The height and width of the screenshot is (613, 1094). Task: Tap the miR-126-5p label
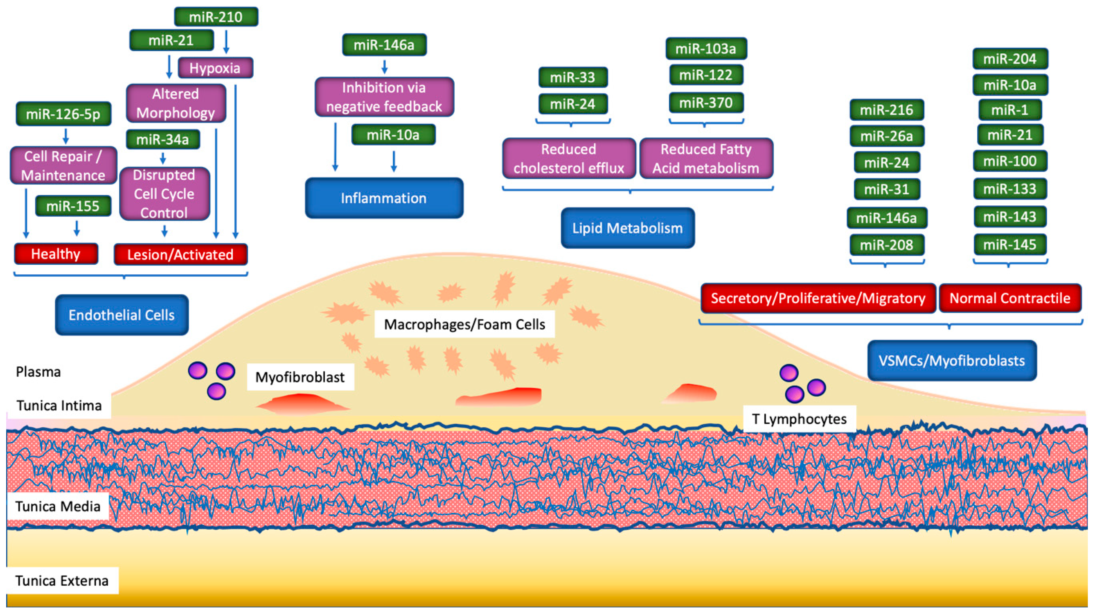[63, 114]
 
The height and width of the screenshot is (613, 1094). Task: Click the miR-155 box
[73, 206]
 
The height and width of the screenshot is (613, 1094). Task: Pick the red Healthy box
[56, 254]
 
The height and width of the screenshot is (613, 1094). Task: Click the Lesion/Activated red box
[180, 254]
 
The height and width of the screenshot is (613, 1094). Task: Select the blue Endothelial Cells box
[122, 315]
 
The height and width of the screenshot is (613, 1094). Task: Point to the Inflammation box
[384, 198]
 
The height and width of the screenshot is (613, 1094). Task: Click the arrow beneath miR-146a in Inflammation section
[384, 67]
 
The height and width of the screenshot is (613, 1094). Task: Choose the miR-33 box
[573, 77]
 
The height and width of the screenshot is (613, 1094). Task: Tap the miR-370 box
[706, 103]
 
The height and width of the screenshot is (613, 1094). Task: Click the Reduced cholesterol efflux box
[569, 158]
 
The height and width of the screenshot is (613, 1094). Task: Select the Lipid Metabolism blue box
[628, 228]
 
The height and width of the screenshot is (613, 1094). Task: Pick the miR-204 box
[1010, 59]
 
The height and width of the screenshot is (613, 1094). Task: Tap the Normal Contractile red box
[1010, 298]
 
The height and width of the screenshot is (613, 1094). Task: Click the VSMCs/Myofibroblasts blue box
[952, 361]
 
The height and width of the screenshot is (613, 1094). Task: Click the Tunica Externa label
[62, 581]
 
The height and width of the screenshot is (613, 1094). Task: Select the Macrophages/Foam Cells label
[465, 325]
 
